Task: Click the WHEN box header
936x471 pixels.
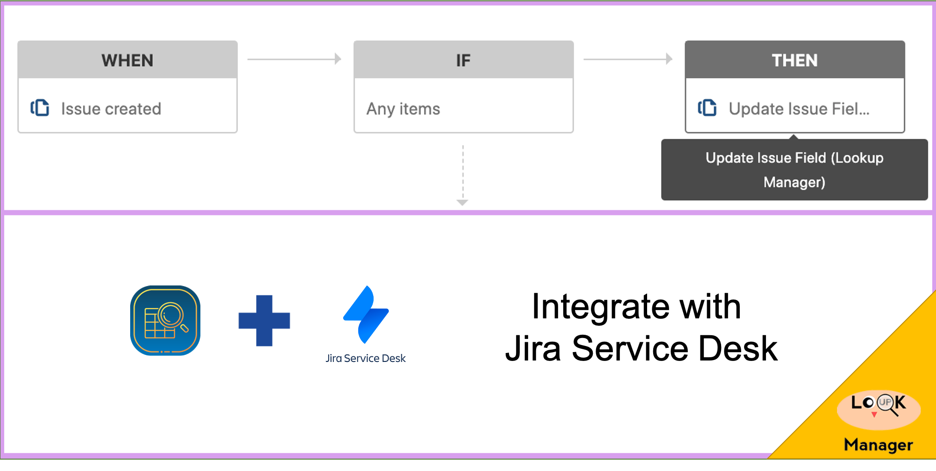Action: click(127, 60)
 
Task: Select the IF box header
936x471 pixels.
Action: click(463, 60)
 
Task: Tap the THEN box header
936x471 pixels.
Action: click(795, 60)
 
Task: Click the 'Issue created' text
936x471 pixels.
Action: click(111, 109)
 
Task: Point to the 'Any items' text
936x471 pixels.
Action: click(403, 109)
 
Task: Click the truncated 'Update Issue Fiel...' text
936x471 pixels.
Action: click(799, 109)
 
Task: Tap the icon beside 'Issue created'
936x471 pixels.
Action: click(40, 108)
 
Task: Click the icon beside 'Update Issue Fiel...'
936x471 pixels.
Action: click(708, 108)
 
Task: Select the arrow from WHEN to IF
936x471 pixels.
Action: click(294, 59)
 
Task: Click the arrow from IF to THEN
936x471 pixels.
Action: click(627, 59)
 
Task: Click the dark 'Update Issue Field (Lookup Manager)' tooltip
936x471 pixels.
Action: click(794, 169)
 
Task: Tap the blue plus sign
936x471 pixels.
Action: click(264, 321)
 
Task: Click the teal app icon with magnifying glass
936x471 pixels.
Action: click(165, 321)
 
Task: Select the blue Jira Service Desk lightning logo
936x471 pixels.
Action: click(366, 315)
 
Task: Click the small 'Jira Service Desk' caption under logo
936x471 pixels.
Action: click(366, 358)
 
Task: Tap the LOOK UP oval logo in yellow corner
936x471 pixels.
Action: click(878, 409)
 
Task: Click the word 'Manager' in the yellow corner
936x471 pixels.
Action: click(878, 444)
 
